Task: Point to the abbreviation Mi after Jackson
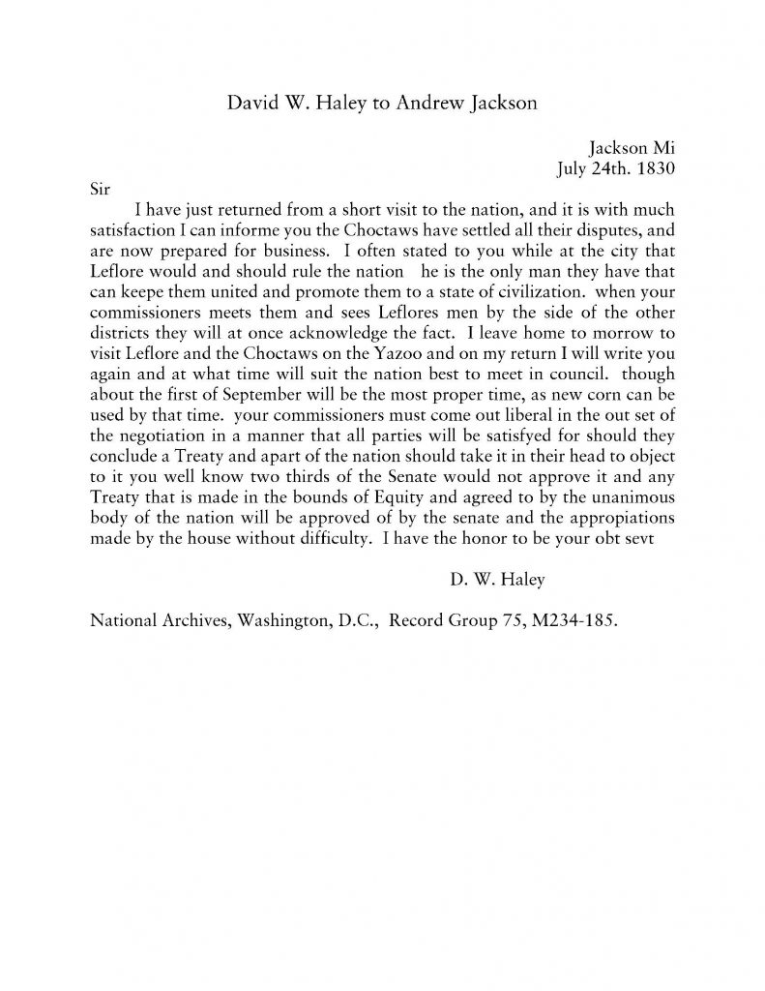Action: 662,148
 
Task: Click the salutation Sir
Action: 102,188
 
